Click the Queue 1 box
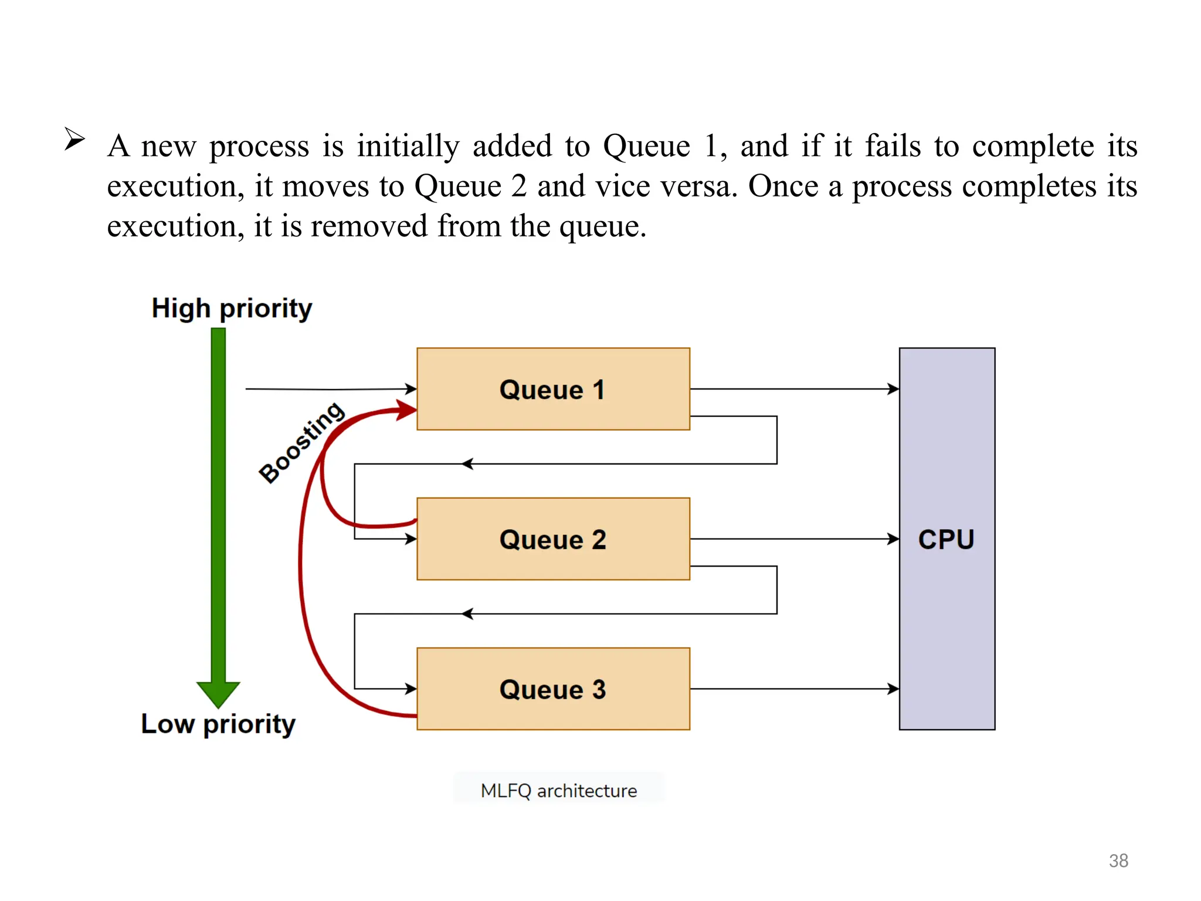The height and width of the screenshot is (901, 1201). [x=553, y=389]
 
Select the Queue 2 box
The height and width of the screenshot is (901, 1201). [x=553, y=538]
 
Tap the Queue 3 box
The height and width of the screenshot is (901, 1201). [x=553, y=689]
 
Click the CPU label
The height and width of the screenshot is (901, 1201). [x=946, y=539]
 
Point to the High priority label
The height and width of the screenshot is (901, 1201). [x=232, y=309]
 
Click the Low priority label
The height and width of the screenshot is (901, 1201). [x=218, y=724]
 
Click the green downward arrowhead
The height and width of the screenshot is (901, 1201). [x=218, y=694]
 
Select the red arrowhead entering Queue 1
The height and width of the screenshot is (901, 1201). [x=406, y=409]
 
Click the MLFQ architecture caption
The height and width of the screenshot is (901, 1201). [x=558, y=791]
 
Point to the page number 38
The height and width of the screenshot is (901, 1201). [x=1118, y=861]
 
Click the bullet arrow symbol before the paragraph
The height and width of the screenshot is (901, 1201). [x=74, y=139]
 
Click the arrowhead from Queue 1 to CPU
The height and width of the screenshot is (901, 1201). [x=893, y=389]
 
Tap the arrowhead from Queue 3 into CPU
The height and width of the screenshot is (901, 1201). [x=893, y=689]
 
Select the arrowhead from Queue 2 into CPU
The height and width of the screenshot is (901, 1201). [x=893, y=538]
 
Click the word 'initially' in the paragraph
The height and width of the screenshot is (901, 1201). [x=408, y=146]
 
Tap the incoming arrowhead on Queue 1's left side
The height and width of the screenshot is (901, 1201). [x=411, y=388]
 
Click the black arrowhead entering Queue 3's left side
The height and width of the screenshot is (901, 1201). [x=411, y=689]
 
